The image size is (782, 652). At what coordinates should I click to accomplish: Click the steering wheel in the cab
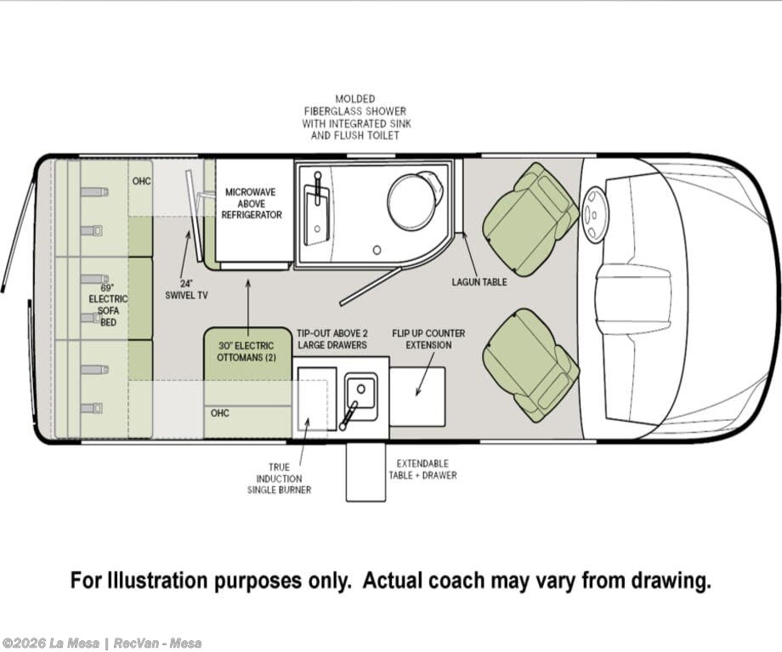point(593,214)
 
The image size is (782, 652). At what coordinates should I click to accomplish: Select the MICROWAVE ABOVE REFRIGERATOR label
point(252,203)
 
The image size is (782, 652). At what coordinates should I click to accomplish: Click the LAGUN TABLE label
point(479,282)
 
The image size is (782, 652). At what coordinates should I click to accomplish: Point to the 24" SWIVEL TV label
point(186,289)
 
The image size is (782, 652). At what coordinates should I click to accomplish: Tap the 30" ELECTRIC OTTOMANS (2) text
point(246,351)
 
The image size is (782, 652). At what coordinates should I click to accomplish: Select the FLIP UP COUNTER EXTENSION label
point(428,339)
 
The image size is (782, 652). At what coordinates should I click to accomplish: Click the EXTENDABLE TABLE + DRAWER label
point(423,469)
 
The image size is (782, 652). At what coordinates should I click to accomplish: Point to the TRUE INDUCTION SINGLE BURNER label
point(280,479)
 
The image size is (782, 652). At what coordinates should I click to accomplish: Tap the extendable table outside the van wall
point(366,472)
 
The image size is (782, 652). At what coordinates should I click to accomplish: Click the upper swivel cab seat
point(529,218)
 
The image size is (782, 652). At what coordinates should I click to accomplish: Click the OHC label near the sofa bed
point(141,181)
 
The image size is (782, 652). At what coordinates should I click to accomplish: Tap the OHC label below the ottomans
point(220,413)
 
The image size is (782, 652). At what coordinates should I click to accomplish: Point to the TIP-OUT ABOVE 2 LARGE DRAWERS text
point(332,339)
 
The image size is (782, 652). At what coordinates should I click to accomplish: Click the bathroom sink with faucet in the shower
point(315,208)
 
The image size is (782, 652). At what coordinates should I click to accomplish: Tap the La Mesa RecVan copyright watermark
point(102,643)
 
